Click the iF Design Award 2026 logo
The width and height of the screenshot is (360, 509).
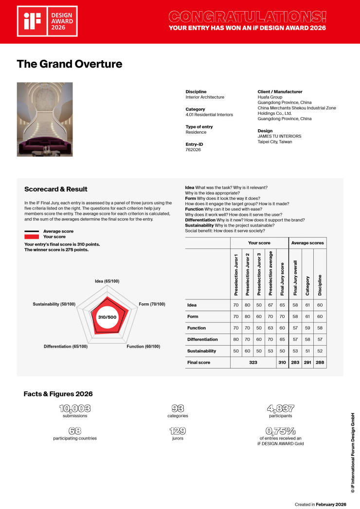47,21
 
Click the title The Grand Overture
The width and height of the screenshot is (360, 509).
70,64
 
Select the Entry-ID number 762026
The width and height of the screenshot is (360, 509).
193,150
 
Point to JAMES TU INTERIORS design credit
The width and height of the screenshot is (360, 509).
279,136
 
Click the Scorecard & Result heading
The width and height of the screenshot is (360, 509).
56,189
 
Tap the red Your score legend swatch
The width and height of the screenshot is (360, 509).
32,236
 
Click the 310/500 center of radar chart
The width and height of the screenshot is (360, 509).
107,317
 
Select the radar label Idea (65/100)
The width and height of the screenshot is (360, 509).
107,281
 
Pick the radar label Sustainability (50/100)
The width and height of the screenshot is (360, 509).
54,304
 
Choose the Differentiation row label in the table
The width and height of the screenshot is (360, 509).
202,339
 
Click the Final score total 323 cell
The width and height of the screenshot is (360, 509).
253,363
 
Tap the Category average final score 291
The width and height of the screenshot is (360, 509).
307,363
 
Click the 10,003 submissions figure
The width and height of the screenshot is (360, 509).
75,409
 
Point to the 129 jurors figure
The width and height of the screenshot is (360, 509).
178,431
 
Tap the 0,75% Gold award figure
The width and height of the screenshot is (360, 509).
281,431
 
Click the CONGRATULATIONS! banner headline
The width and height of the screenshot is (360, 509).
247,17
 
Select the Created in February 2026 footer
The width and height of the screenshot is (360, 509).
322,505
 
